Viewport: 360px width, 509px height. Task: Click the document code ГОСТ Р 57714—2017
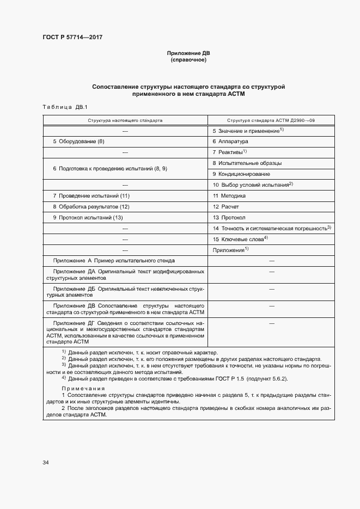coord(72,37)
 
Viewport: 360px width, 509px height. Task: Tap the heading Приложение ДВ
coord(188,53)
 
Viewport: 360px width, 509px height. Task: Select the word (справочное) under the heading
coord(188,60)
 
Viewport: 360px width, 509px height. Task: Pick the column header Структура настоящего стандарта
coord(125,120)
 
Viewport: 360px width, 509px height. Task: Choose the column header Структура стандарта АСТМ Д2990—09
coord(271,120)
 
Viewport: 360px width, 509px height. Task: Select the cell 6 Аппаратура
coord(230,142)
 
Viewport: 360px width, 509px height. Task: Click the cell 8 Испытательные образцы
coord(247,163)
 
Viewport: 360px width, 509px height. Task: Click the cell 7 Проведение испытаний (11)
coord(91,195)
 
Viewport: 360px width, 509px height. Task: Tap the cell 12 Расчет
coord(226,206)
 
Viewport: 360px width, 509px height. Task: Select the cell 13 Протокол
coord(229,217)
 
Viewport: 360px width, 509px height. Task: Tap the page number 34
coord(46,462)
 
